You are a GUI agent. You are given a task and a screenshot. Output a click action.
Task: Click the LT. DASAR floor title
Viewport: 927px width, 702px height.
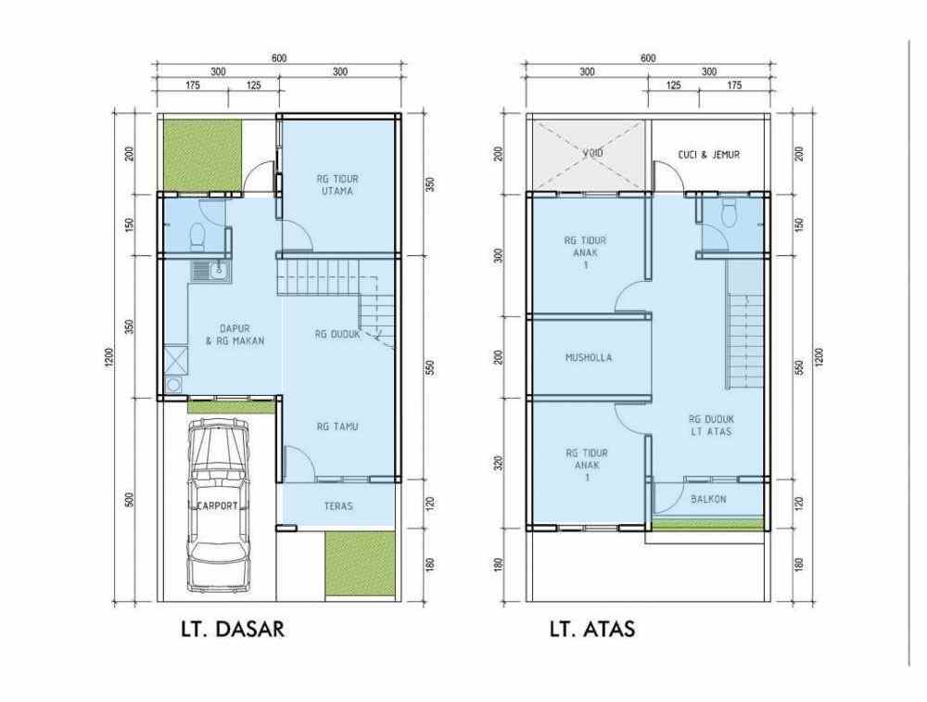(232, 631)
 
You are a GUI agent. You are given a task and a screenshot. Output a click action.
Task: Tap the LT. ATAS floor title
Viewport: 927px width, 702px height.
(591, 631)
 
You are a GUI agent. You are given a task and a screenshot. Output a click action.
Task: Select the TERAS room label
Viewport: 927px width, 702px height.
(337, 506)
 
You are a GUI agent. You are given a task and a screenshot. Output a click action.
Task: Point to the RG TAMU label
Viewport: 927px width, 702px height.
(337, 427)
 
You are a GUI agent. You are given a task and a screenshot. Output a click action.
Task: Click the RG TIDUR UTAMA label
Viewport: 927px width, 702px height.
(337, 184)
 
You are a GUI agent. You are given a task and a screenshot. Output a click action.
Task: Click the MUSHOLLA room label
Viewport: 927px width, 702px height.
(589, 357)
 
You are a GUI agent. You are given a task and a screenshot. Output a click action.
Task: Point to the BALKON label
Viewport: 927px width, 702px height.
(709, 499)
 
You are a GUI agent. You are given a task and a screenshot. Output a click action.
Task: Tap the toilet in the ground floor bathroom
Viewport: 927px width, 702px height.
(196, 236)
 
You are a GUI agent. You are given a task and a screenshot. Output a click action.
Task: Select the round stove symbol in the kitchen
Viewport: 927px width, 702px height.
(173, 385)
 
